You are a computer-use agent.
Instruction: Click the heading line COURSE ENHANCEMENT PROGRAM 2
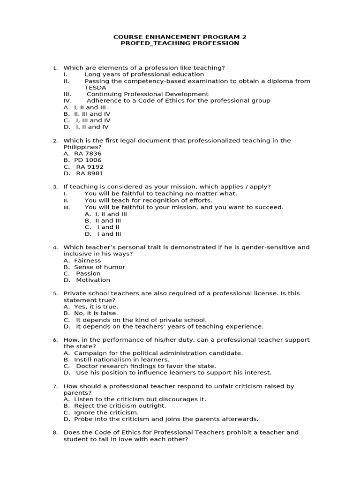[x=180, y=37]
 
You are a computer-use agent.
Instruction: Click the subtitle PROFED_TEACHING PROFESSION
[x=180, y=43]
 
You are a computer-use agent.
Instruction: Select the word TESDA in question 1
[x=95, y=88]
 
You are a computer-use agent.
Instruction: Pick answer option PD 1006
[x=88, y=160]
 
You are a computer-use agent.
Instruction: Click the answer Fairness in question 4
[x=87, y=261]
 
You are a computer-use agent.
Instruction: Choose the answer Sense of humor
[x=99, y=267]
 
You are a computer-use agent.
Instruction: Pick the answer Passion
[x=88, y=274]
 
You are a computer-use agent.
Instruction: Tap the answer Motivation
[x=93, y=280]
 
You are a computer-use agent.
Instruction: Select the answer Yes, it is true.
[x=96, y=307]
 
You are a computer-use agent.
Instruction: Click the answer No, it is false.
[x=96, y=314]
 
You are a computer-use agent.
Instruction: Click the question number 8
[x=55, y=433]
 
